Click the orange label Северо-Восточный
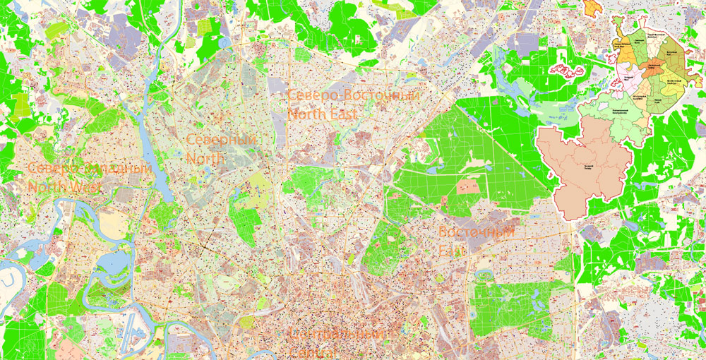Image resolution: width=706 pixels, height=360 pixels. (x=354, y=96)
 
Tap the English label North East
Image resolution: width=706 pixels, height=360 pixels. (x=323, y=113)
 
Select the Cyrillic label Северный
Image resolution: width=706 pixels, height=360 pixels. (x=220, y=141)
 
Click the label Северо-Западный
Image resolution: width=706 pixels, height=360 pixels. (x=90, y=170)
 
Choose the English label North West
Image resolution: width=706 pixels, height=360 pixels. (x=65, y=187)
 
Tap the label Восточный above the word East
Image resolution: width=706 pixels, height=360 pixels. (x=476, y=232)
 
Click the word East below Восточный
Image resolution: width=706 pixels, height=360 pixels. (x=450, y=249)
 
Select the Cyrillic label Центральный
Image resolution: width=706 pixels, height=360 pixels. (x=337, y=333)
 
